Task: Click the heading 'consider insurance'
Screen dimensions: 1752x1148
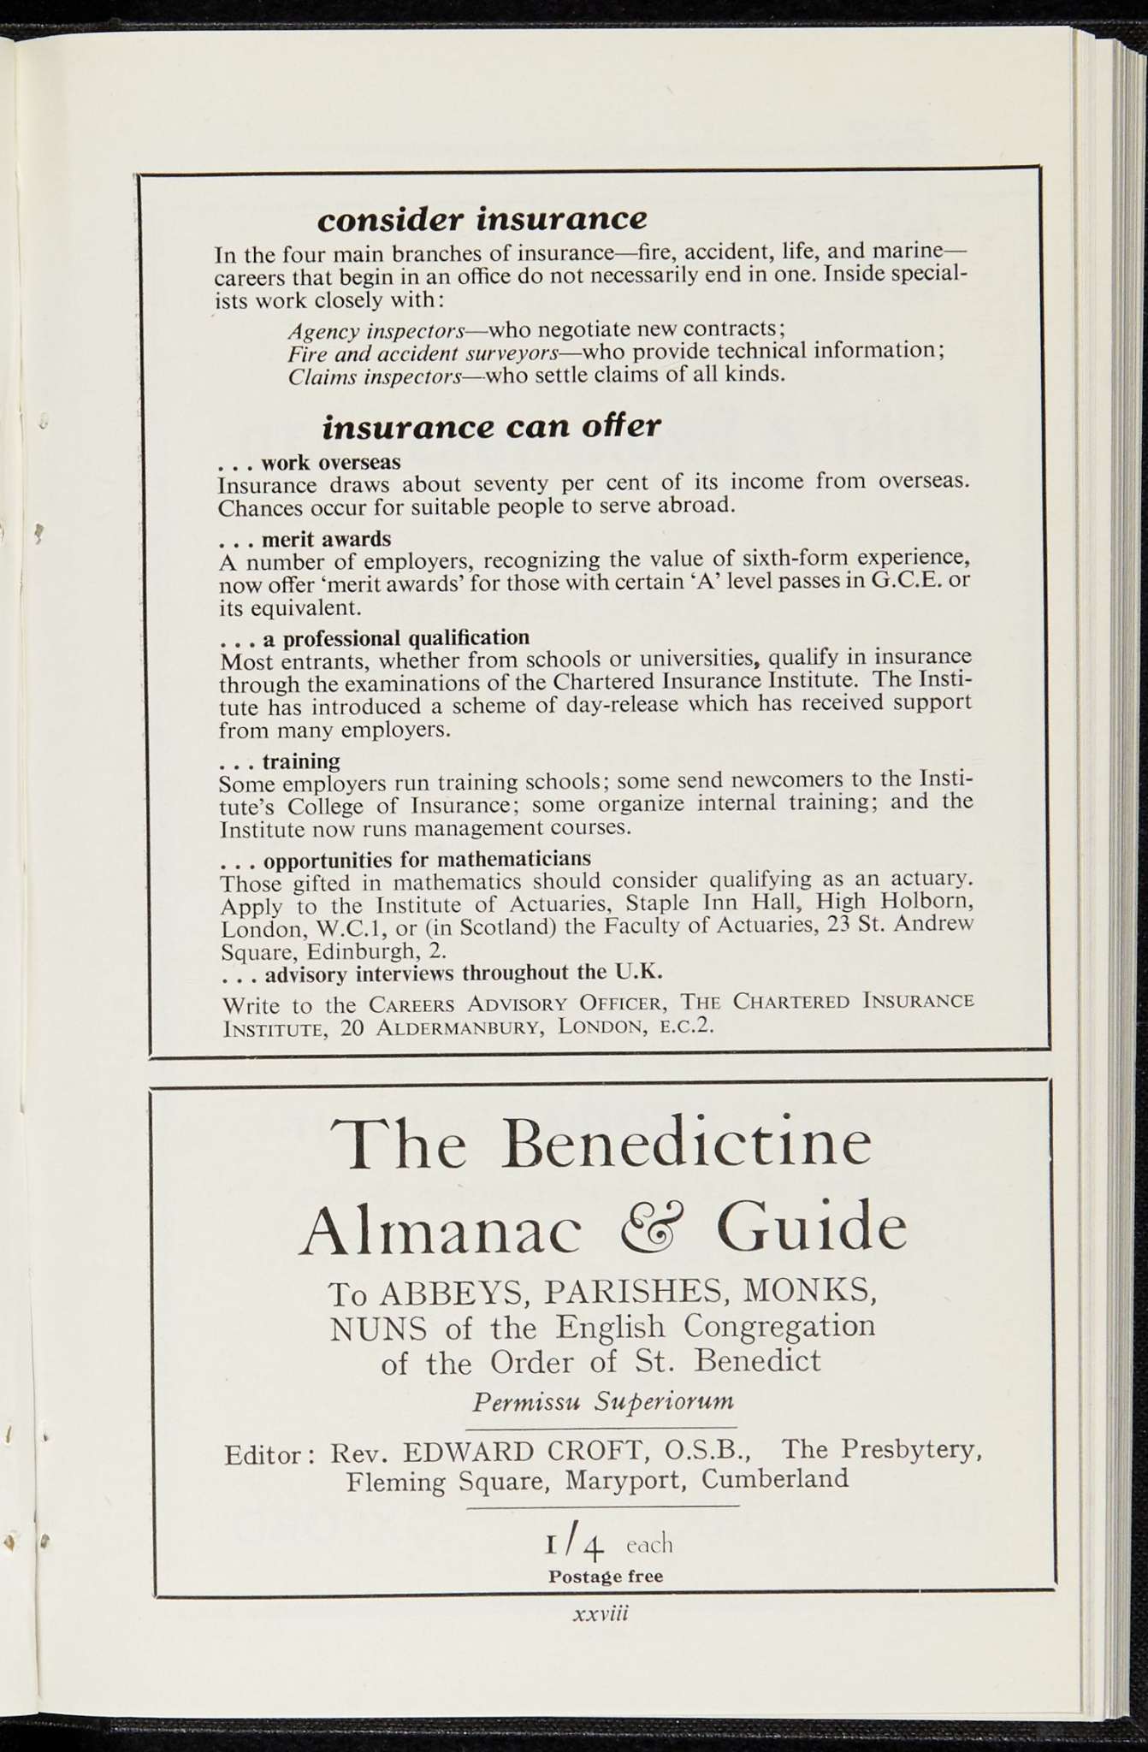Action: (482, 219)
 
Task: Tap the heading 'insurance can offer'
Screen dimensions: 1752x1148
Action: (491, 425)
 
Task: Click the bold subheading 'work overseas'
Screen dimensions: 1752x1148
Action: (330, 463)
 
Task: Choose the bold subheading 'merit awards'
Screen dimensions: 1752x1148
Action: (326, 539)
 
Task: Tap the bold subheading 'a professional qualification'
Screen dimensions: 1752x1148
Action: (396, 638)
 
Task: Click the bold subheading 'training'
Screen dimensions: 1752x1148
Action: (301, 761)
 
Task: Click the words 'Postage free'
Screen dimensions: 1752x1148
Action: (606, 1576)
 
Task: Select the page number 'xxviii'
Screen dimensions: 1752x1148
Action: (601, 1613)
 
